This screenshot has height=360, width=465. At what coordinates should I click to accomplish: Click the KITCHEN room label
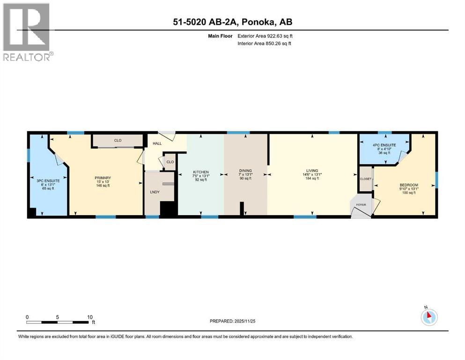pyautogui.click(x=201, y=172)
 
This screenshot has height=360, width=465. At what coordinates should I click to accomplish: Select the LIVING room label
pyautogui.click(x=312, y=171)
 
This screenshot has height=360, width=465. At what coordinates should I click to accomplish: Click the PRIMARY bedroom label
pyautogui.click(x=103, y=178)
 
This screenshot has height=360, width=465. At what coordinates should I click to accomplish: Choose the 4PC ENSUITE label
pyautogui.click(x=384, y=145)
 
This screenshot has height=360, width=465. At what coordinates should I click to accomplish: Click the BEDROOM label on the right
pyautogui.click(x=409, y=185)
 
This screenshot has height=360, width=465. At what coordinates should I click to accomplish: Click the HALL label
pyautogui.click(x=157, y=144)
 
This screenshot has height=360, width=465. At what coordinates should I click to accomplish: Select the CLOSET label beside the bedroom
pyautogui.click(x=366, y=179)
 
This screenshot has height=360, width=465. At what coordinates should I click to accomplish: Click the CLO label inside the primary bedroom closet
pyautogui.click(x=118, y=140)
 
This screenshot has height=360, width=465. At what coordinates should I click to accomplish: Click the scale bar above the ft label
pyautogui.click(x=58, y=322)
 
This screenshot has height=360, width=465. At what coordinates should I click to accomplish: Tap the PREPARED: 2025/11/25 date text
pyautogui.click(x=232, y=321)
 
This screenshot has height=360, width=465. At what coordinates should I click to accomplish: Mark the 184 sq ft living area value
pyautogui.click(x=312, y=178)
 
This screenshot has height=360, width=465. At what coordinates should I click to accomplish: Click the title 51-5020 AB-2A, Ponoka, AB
pyautogui.click(x=233, y=22)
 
